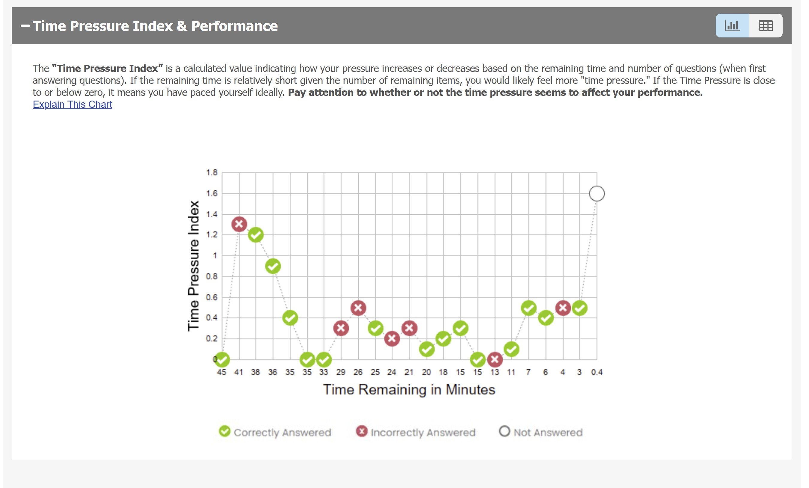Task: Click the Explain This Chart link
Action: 72,104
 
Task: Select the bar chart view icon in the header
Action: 732,25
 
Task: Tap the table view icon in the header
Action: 765,25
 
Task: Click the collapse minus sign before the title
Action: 25,25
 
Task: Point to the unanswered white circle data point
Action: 597,193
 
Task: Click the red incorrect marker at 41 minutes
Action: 239,224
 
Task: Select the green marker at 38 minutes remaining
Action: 256,235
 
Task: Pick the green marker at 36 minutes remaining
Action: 273,266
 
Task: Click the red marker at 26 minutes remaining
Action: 358,308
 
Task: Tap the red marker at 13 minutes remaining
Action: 495,360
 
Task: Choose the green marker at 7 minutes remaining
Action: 529,308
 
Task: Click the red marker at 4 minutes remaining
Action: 563,308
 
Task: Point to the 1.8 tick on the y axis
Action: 212,172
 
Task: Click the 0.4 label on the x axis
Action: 597,372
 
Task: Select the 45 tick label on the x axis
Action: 222,372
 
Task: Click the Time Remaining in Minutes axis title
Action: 409,390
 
